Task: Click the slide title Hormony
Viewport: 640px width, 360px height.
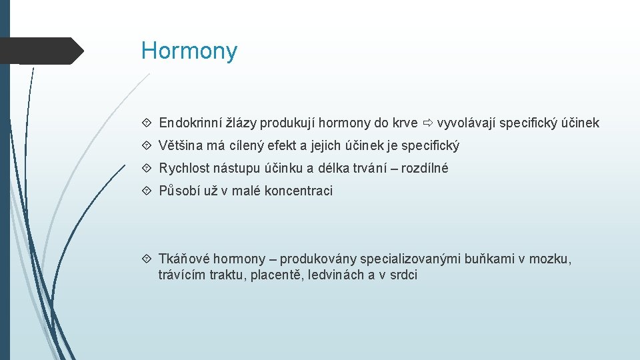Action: tap(189, 51)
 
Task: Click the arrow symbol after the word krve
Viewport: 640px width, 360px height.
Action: tap(427, 123)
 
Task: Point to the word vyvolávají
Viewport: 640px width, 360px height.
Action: tap(465, 123)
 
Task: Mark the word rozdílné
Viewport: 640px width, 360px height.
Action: tap(425, 169)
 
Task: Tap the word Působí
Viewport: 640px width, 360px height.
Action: tap(179, 191)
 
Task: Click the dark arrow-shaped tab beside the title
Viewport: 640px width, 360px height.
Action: tap(41, 51)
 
